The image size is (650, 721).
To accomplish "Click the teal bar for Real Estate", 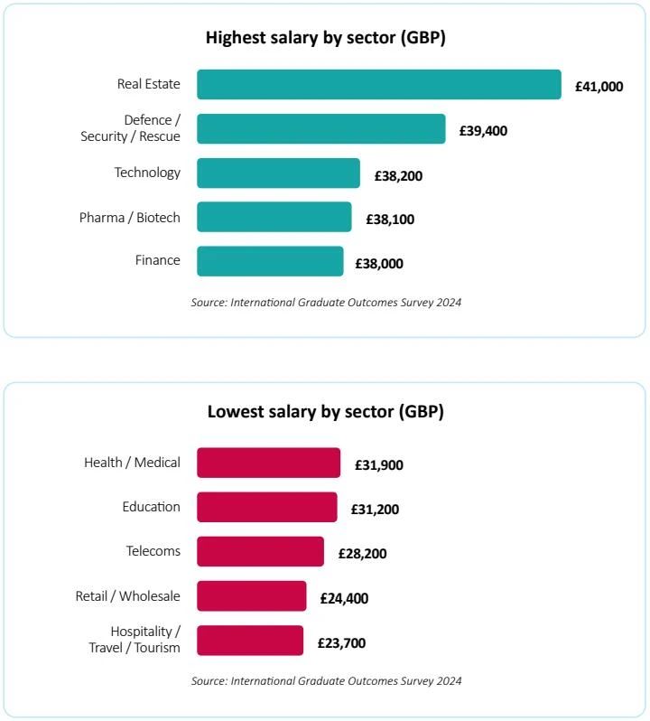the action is pos(379,85).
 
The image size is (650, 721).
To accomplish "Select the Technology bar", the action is pos(278,173).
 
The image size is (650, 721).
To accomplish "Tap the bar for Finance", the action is pos(270,261).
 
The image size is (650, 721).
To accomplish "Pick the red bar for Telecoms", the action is pos(261,551).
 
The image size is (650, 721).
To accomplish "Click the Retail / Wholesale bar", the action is pos(252,596).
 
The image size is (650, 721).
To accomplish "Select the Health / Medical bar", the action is pos(269,463).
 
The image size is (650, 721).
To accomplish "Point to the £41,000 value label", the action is pos(599,87).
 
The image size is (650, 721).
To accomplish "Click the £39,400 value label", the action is pos(483,131).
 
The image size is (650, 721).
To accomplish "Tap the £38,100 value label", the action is pos(390,220).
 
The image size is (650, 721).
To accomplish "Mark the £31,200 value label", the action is pos(375,510).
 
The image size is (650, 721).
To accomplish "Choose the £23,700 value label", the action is pos(341,642).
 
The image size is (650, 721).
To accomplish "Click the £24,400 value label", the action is pos(344,598).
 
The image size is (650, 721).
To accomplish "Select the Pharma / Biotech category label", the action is pos(129,218).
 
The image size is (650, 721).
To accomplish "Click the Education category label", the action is pos(151,507).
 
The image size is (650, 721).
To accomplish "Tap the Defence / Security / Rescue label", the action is pos(131,128).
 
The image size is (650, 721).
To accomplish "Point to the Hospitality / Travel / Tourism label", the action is pos(135,640).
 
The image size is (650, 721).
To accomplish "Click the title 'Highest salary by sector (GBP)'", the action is pos(326,38).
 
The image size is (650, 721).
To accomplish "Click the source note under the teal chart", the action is pos(326,303).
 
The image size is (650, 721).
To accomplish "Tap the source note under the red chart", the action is pos(326,681).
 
